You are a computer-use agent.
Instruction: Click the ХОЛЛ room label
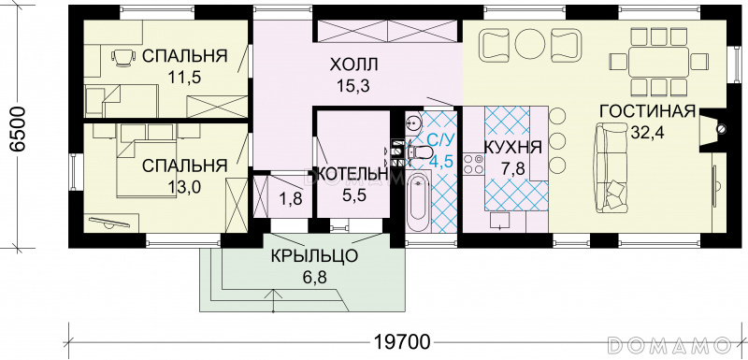pos(353,64)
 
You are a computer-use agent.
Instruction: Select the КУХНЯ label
pos(512,148)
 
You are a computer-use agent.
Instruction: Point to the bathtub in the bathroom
pos(419,203)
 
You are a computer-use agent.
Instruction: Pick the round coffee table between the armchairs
pos(530,44)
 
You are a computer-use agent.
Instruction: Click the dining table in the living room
pos(658,62)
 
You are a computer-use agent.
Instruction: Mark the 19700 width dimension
pos(402,342)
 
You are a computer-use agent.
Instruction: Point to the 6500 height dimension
pos(18,129)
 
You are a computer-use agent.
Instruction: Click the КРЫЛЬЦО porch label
pos(314,256)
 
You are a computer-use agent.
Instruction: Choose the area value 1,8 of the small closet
pos(291,198)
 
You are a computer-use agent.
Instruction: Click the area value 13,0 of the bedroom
pos(184,186)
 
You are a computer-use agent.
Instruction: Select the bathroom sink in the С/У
pos(414,123)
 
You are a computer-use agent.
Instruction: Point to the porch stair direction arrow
pos(273,300)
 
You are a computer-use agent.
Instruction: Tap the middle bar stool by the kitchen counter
pos(556,140)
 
